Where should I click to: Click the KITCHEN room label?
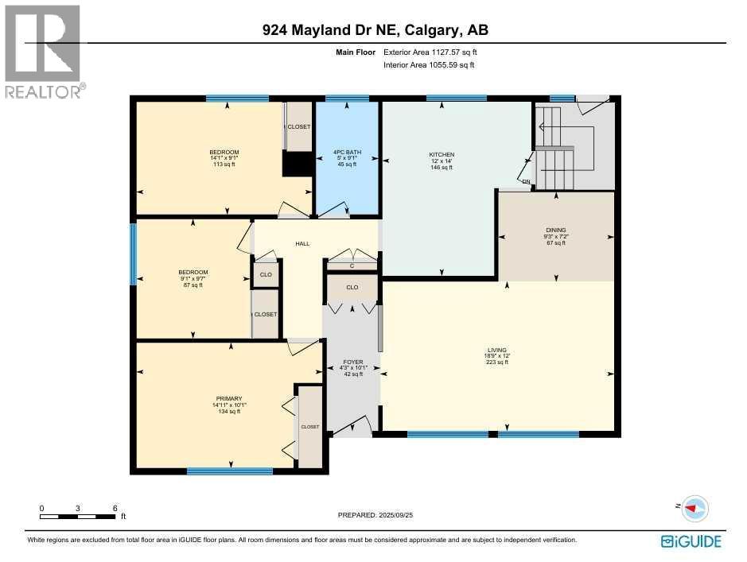(x=442, y=154)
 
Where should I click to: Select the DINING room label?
(x=555, y=230)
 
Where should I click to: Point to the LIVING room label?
(x=497, y=349)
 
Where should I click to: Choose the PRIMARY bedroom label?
(x=229, y=398)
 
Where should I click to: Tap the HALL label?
(x=302, y=244)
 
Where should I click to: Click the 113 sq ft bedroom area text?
(x=224, y=165)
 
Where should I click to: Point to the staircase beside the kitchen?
(x=554, y=163)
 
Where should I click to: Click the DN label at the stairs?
(x=526, y=182)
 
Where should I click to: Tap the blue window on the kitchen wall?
(x=456, y=98)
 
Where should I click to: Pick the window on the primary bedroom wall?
(x=230, y=471)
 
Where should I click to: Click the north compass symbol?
(x=694, y=508)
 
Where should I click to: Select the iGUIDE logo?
(x=691, y=541)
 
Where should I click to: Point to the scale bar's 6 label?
(x=115, y=508)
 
